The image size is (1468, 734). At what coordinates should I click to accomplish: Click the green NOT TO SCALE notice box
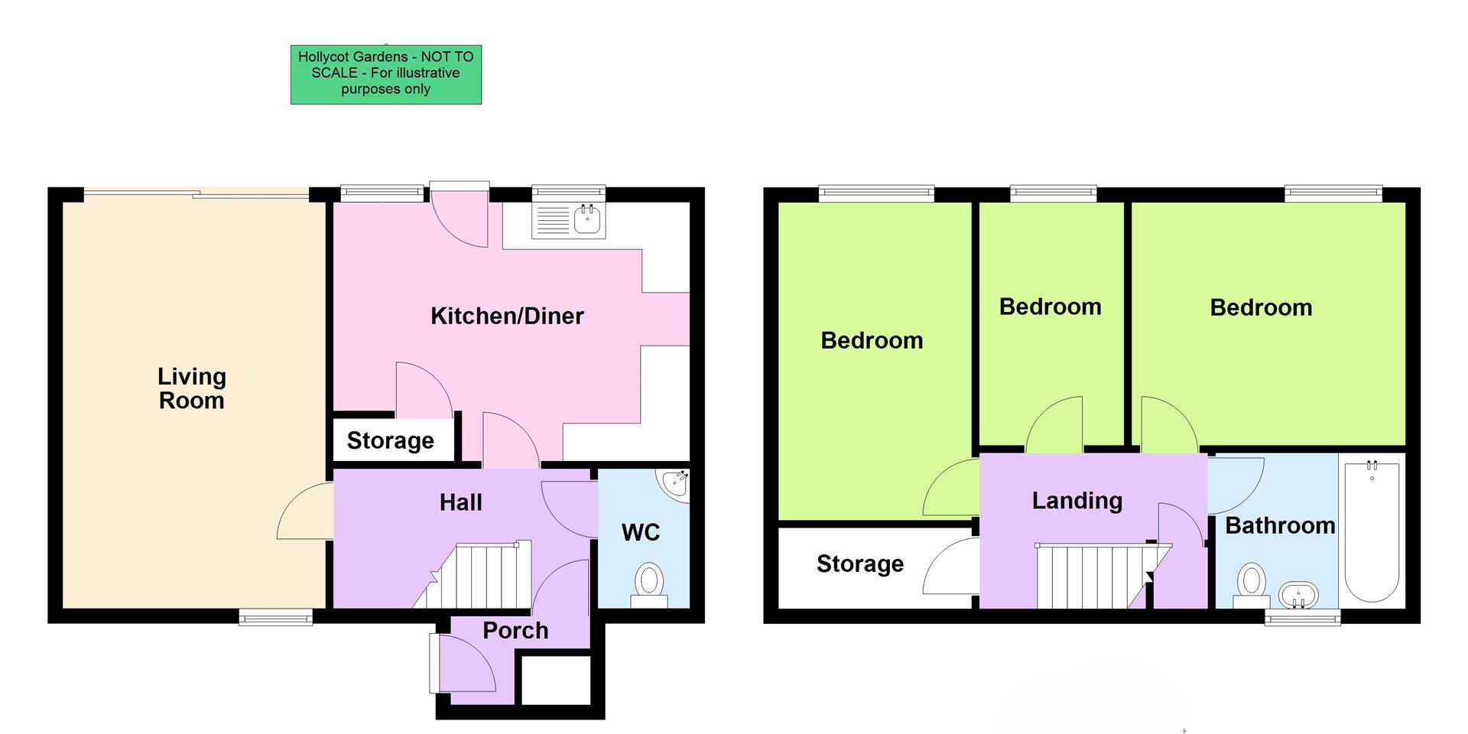pos(385,74)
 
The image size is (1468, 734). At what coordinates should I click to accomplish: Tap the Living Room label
pos(191,388)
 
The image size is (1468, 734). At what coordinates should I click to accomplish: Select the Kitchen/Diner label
pos(507,316)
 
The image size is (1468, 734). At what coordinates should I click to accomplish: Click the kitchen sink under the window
pos(587,220)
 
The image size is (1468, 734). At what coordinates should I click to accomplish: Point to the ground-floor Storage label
pos(390,440)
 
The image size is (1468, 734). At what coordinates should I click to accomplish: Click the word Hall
pos(460,502)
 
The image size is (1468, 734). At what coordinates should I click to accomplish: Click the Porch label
pos(515,631)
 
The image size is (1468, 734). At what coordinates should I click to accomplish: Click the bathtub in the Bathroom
pos(1372,531)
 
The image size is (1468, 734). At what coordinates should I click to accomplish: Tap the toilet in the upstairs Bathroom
pos(1252,583)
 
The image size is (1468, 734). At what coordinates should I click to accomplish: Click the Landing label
pos(1077,501)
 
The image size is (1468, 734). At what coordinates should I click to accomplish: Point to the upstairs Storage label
pos(859,564)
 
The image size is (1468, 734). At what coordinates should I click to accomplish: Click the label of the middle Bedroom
pos(1050,307)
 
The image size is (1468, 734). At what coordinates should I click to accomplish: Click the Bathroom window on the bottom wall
pos(1302,617)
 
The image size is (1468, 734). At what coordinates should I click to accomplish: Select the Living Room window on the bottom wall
pos(275,616)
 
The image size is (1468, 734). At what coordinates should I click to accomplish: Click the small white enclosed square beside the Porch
pos(556,680)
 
